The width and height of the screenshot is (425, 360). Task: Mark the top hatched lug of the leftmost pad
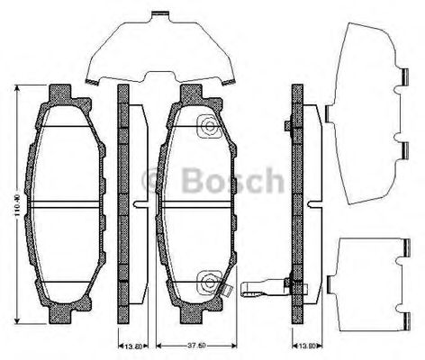(61, 94)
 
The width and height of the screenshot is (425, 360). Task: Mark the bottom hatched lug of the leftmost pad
(61, 315)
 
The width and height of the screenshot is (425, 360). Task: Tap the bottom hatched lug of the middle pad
(191, 315)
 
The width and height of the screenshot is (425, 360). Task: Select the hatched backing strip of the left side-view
(123, 205)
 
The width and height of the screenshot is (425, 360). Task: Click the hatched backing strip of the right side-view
(295, 205)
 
